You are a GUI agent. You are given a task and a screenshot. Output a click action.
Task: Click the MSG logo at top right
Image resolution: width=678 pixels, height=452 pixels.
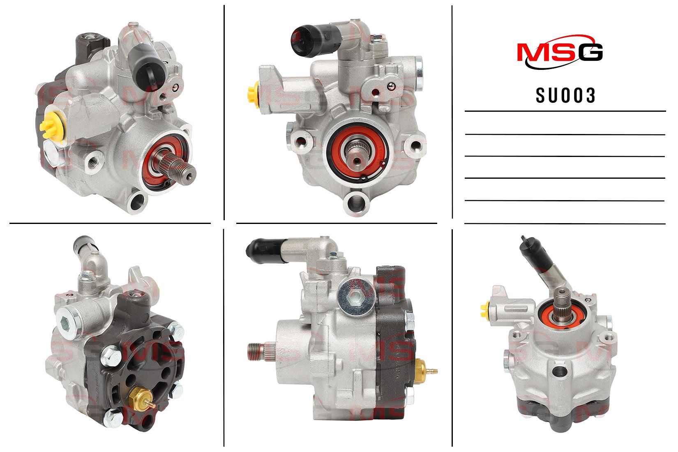click(560, 52)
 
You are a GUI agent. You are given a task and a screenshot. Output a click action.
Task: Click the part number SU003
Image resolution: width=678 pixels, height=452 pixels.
click(565, 95)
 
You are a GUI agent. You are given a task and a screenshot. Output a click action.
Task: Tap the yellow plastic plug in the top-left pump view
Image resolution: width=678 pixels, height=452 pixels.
click(52, 126)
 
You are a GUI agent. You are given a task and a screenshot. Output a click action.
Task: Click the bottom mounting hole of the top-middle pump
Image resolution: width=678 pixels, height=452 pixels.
click(356, 202)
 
